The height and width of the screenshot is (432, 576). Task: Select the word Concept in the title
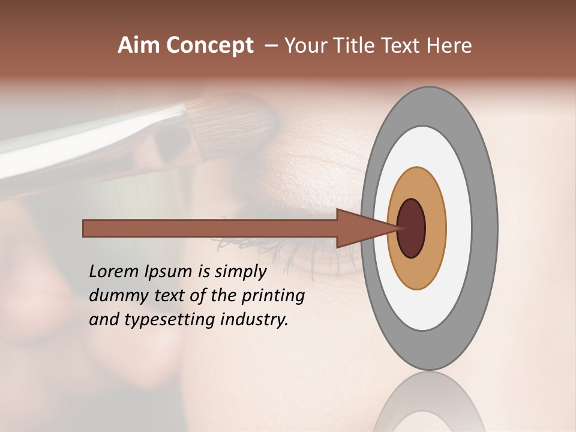point(209,46)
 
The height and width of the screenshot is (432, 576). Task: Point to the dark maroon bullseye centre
point(412,228)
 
